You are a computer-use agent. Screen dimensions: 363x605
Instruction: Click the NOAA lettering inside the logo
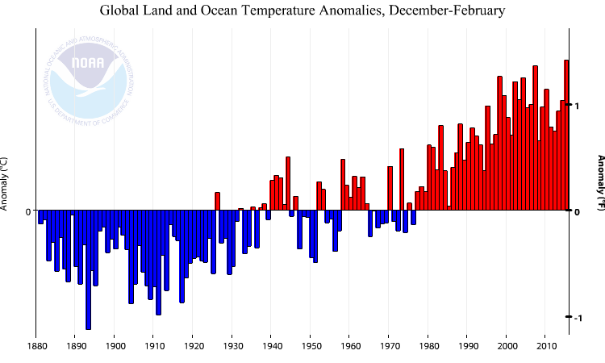88,63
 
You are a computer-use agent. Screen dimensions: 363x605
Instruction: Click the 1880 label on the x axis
35,348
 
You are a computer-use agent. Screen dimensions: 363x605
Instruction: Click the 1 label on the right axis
577,106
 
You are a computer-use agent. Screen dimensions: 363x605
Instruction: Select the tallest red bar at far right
566,136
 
